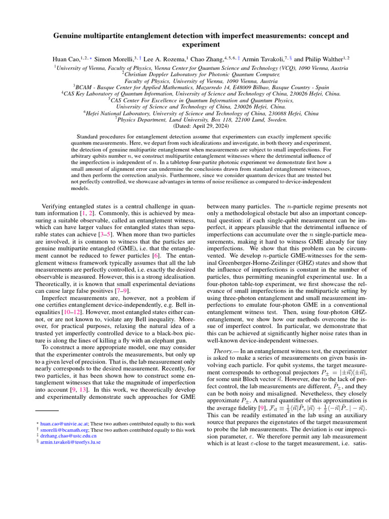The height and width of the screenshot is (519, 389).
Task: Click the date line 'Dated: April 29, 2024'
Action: [194, 125]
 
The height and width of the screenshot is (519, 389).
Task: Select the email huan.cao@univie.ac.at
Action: [60, 423]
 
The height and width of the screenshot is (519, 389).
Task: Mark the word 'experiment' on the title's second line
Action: [194, 45]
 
